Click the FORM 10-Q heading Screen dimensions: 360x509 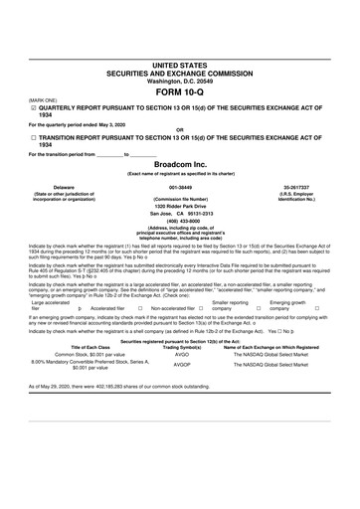179,91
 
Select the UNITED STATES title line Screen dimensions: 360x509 179,64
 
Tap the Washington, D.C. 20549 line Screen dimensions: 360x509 179,80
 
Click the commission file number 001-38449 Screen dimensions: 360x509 179,186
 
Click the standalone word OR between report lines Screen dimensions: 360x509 179,129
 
